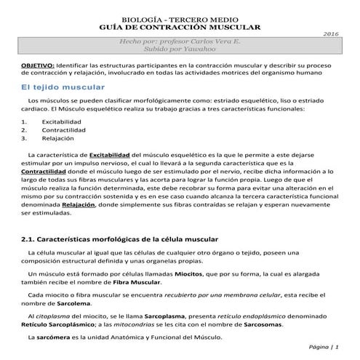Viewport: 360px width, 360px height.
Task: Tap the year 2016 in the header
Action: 331,34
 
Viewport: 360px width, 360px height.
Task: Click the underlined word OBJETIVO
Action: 36,65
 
